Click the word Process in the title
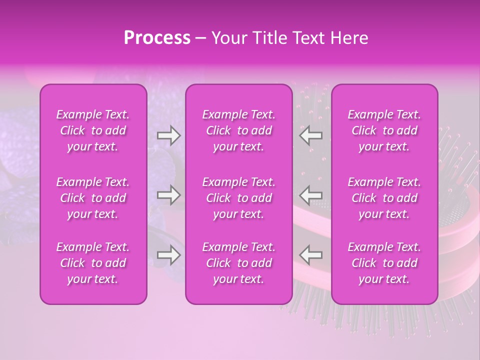click(x=157, y=38)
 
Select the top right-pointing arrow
click(x=168, y=135)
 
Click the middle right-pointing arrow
click(x=168, y=195)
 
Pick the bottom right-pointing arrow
click(x=168, y=255)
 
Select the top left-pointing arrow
click(x=310, y=135)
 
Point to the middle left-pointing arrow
click(x=310, y=195)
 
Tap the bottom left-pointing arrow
click(x=310, y=255)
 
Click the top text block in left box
click(x=93, y=130)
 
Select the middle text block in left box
click(x=93, y=198)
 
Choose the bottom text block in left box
click(x=93, y=263)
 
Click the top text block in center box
click(x=238, y=130)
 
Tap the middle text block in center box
click(x=238, y=198)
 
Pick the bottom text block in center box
click(x=238, y=263)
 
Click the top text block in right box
click(x=384, y=130)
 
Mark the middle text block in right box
click(x=384, y=198)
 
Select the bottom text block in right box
click(x=384, y=263)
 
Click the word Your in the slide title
click(x=229, y=38)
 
